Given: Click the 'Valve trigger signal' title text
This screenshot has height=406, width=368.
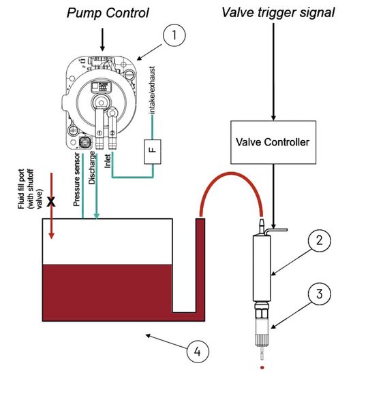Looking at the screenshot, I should point(278,13).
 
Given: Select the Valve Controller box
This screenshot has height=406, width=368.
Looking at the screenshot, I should point(273,142).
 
